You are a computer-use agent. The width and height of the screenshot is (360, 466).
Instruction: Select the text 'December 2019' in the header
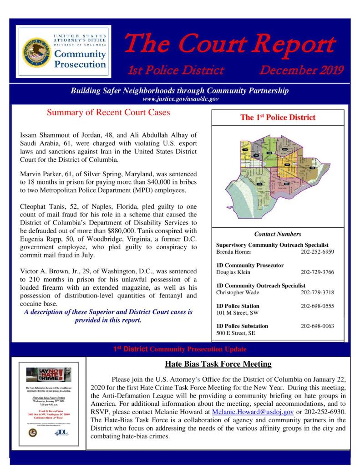coord(301,71)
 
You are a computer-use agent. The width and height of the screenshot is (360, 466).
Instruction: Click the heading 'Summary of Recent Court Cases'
coord(108,113)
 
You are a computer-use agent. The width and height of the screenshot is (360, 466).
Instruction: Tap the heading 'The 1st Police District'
coord(278,118)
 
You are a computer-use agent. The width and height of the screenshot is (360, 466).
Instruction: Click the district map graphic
coord(278,175)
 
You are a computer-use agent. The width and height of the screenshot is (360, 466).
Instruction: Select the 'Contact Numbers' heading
coord(278,234)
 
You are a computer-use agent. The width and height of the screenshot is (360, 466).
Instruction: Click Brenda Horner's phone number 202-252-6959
coord(317,251)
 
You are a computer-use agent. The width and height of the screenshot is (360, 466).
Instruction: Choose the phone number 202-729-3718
coord(317,292)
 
